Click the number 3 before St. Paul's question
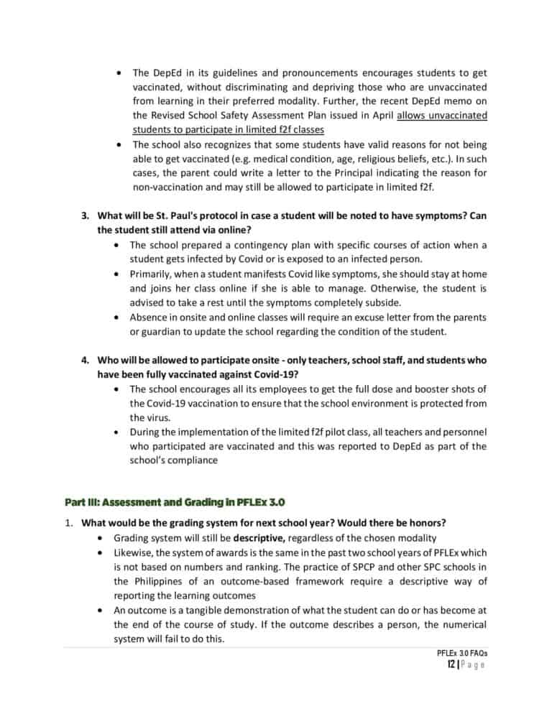83,215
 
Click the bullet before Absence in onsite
116,317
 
